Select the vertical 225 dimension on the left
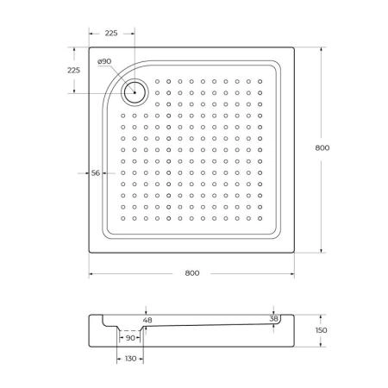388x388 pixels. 73,71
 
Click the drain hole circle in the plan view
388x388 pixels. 135,90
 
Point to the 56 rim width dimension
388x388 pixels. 97,173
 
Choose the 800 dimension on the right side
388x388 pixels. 322,148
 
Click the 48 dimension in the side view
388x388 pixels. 147,320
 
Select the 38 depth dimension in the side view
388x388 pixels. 274,318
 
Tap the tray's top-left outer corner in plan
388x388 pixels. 90,47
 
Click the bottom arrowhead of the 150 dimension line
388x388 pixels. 322,346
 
